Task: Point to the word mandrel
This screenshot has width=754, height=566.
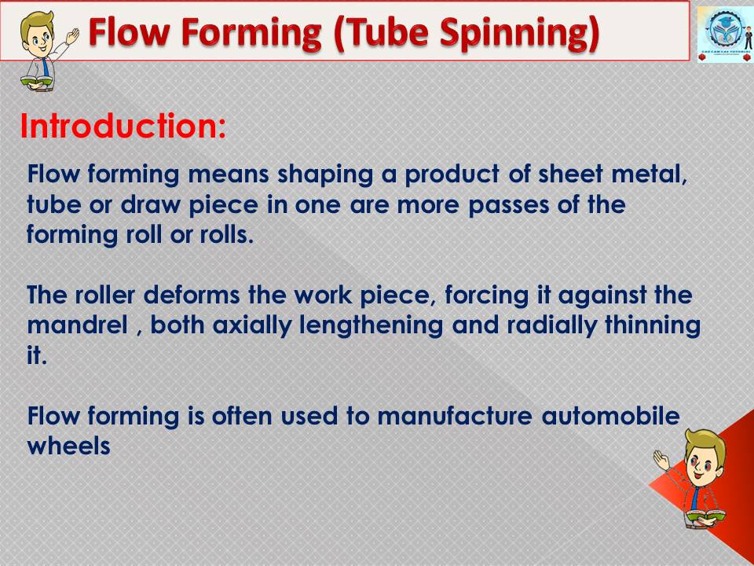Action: coord(77,325)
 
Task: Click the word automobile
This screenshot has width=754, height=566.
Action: coord(610,416)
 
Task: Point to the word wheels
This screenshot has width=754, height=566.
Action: coord(68,447)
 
